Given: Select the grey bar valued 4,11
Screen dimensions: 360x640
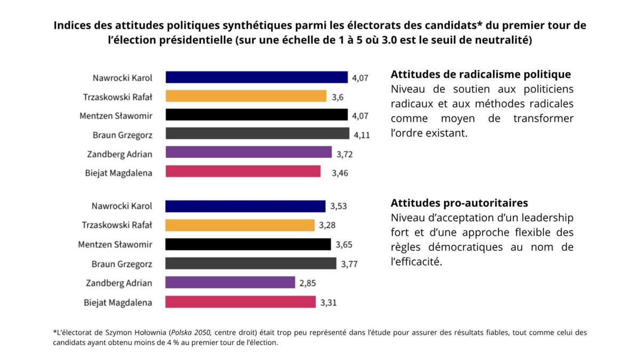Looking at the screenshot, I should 257,133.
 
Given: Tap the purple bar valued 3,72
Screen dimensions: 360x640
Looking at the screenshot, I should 249,153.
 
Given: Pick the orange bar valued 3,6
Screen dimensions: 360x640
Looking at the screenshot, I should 246,96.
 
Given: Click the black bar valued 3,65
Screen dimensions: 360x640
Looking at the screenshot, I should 248,244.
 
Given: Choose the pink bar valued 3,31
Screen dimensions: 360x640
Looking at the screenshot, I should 241,302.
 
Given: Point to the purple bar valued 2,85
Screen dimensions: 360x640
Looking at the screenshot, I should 230,283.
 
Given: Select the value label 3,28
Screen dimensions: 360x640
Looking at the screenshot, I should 327,226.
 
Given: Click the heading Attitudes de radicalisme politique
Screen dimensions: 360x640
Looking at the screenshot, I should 481,75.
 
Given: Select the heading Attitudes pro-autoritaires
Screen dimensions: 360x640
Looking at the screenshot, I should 459,203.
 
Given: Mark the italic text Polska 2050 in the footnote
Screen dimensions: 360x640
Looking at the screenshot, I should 190,332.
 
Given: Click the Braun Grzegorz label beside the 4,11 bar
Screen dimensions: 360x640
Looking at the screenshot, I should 122,135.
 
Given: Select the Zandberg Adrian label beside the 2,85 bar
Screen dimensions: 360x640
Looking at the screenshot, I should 119,283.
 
